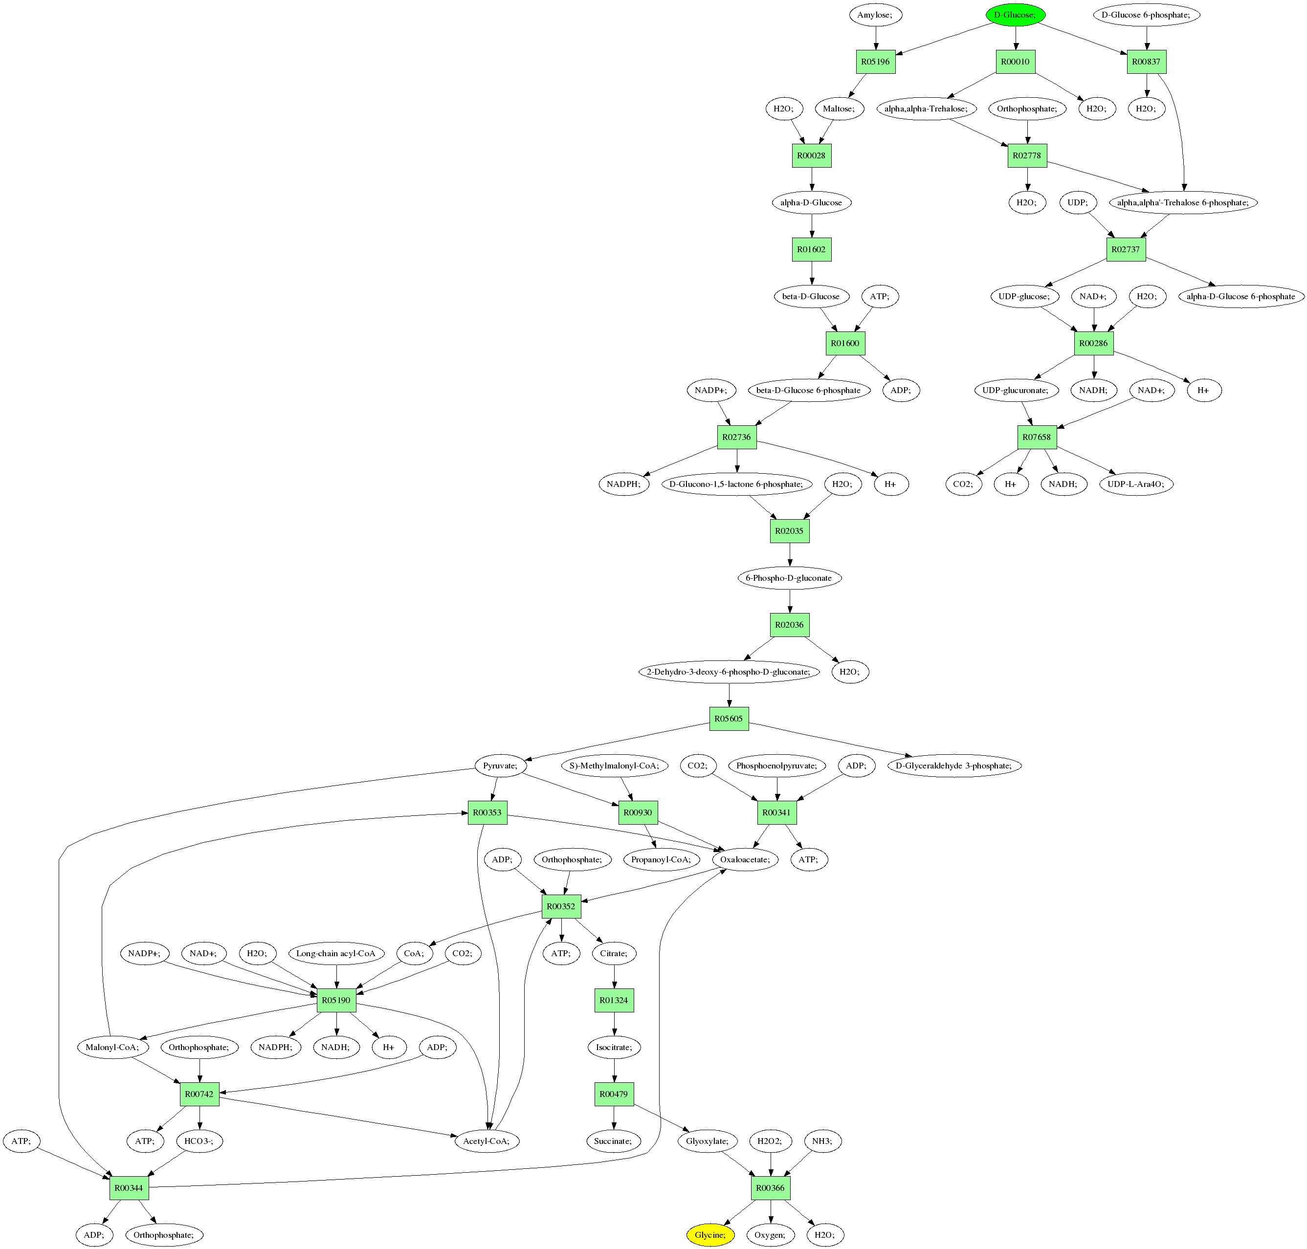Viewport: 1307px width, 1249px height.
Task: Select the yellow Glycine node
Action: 710,1235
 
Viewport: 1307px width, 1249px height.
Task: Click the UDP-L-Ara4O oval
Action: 1136,484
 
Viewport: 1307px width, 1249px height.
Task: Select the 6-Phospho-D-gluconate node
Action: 789,578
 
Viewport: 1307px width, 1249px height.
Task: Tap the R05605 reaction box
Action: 729,719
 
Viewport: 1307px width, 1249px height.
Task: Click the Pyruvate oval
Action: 500,766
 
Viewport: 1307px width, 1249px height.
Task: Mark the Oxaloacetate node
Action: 745,859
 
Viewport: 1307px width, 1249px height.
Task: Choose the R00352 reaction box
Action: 561,907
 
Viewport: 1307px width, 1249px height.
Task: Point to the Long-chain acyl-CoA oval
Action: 336,953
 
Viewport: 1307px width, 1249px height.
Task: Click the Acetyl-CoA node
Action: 487,1141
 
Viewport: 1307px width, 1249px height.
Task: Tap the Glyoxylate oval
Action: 708,1141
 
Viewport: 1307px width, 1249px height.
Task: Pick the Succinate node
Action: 613,1141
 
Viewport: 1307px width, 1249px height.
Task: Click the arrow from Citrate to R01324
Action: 614,977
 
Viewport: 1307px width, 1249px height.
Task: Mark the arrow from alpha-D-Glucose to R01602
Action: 812,226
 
